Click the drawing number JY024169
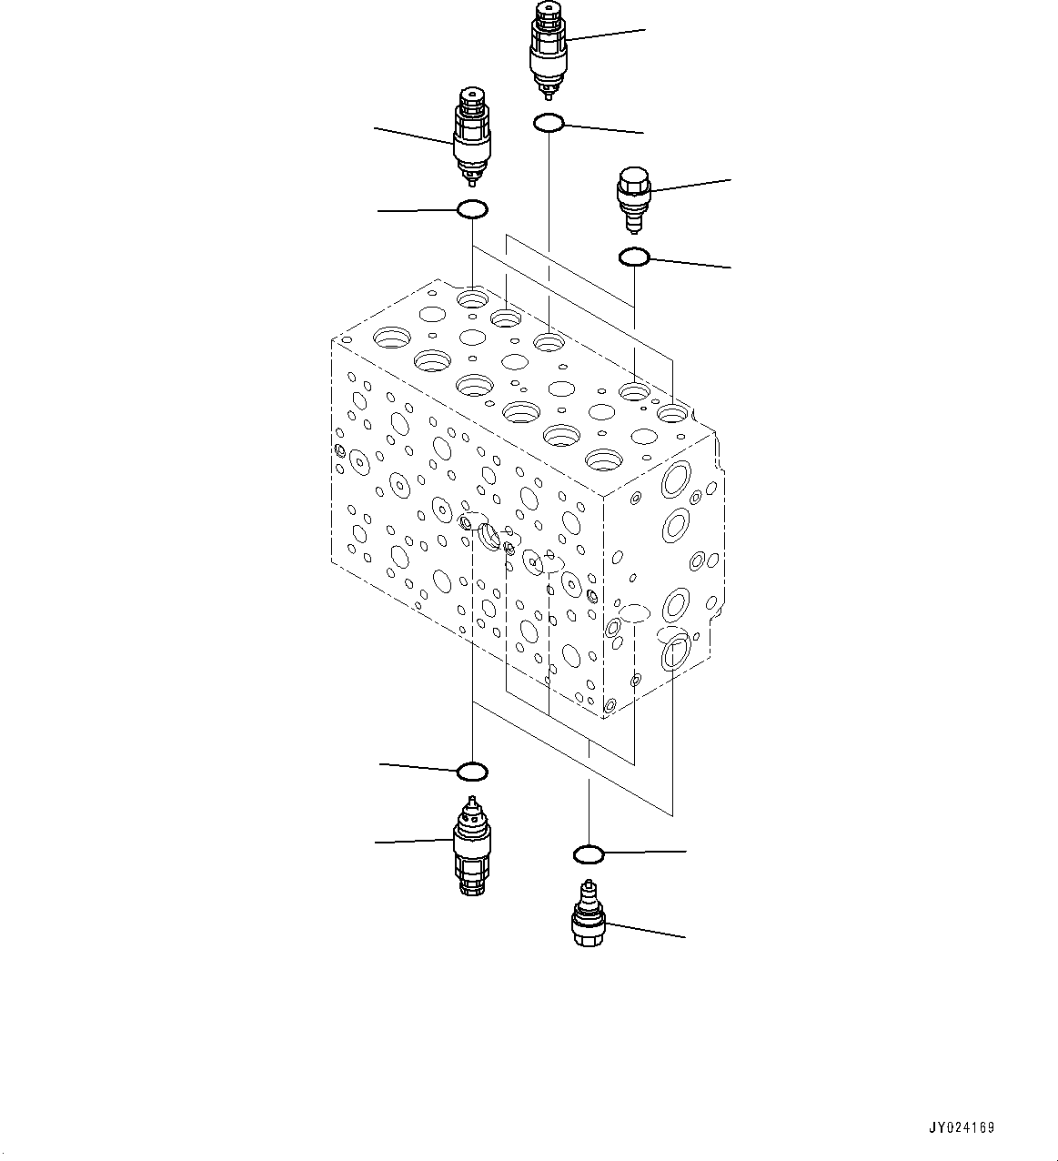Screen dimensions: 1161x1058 [x=961, y=1127]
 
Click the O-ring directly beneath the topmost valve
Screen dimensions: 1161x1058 [x=549, y=122]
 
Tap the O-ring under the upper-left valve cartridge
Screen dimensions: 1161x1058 [x=472, y=210]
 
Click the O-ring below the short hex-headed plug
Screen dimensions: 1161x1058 [x=633, y=257]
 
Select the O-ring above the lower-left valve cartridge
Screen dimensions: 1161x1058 [x=472, y=772]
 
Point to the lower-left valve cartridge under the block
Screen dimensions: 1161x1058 [x=470, y=846]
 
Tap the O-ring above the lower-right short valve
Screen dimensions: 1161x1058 [x=589, y=854]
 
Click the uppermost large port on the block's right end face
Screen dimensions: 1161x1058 [x=677, y=478]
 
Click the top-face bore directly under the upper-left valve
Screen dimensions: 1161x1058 [x=473, y=298]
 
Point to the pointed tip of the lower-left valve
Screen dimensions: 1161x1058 [x=470, y=802]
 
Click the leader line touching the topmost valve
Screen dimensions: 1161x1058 [x=605, y=35]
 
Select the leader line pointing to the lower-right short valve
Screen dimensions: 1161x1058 [x=646, y=931]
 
